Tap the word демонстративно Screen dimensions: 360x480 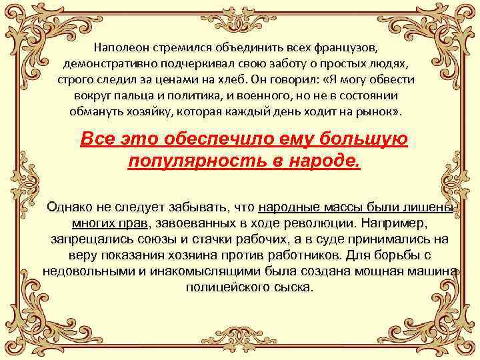106,64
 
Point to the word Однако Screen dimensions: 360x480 72,208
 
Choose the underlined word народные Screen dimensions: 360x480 287,208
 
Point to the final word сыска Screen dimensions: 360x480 295,288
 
